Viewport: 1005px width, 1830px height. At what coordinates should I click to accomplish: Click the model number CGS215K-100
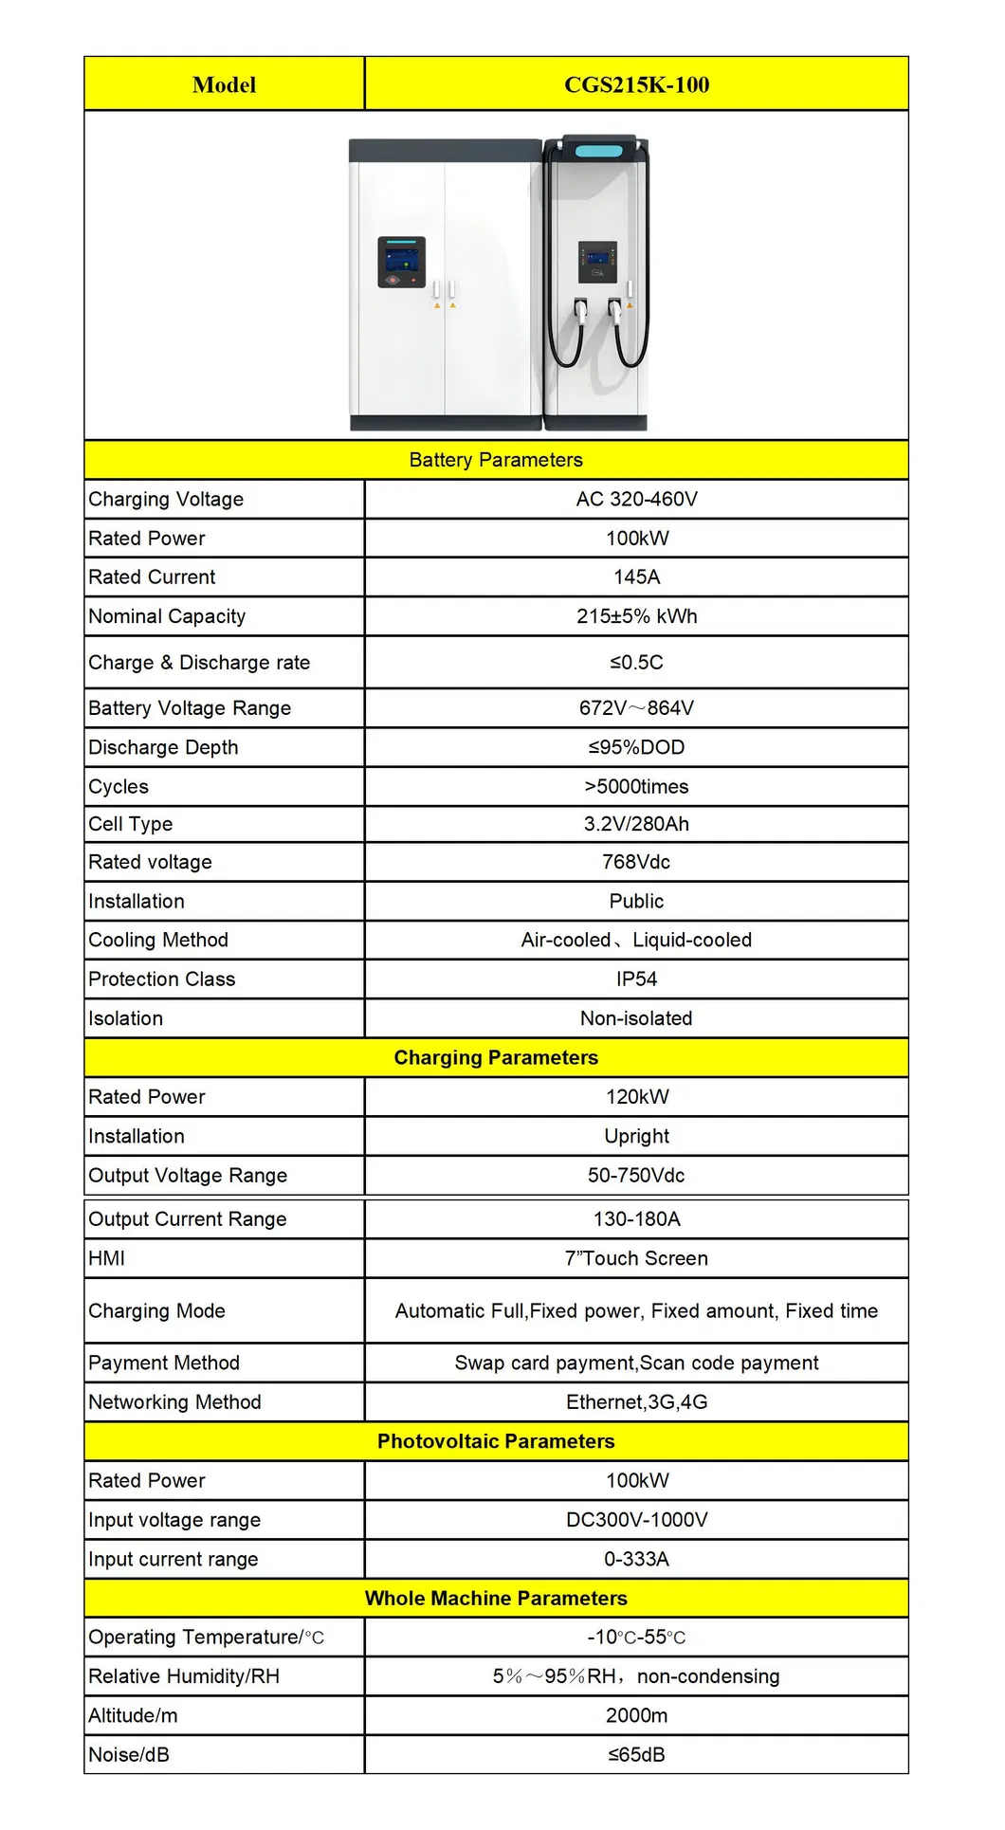point(636,85)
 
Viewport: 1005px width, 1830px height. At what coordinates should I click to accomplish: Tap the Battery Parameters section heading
point(496,460)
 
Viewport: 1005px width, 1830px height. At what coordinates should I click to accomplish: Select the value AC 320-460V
point(636,500)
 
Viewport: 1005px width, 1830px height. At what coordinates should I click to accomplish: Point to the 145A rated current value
point(636,577)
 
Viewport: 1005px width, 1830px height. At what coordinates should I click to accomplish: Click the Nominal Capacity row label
point(167,616)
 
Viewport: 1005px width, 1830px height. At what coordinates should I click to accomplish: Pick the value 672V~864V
point(636,708)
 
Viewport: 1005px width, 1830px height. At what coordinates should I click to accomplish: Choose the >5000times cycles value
point(636,787)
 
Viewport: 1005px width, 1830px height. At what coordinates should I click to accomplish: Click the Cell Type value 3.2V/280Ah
point(636,824)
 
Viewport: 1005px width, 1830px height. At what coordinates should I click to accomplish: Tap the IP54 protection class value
point(636,979)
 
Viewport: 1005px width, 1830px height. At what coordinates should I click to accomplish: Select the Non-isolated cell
point(636,1018)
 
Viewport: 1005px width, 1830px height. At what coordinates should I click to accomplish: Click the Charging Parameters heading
point(496,1058)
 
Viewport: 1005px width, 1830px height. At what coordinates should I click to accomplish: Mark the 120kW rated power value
point(636,1097)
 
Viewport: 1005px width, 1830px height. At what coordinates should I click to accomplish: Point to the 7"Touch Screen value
point(636,1258)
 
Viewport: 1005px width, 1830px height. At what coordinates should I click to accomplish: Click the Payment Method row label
point(164,1363)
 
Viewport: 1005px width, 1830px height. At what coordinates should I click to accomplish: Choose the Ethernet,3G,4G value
point(636,1402)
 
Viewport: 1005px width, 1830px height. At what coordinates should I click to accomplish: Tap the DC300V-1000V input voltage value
point(636,1520)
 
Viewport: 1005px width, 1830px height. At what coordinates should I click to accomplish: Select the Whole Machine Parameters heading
point(496,1599)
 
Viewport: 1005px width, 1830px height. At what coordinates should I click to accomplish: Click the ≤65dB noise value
point(636,1755)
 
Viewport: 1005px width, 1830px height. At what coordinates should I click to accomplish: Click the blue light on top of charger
point(598,151)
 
